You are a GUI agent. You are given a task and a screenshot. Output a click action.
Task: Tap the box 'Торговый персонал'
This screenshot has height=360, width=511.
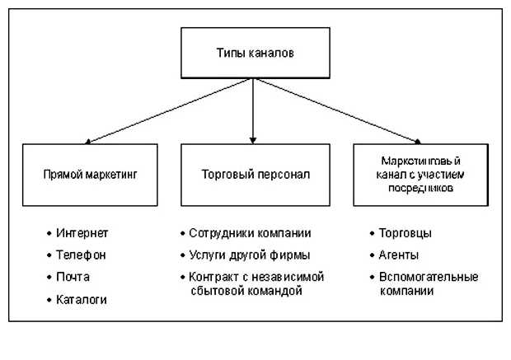click(254, 175)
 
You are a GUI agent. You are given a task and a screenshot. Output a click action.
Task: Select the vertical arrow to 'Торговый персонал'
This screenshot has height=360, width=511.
click(253, 111)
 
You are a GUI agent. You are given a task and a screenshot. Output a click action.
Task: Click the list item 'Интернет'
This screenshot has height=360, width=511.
click(83, 233)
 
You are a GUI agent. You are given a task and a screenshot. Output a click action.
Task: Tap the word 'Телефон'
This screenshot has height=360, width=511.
click(82, 255)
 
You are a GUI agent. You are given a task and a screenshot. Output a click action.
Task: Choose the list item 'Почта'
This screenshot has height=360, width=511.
click(74, 277)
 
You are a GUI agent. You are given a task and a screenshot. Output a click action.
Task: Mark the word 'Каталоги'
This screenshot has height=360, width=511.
click(82, 299)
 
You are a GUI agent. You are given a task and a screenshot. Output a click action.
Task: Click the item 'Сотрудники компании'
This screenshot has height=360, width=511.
click(250, 233)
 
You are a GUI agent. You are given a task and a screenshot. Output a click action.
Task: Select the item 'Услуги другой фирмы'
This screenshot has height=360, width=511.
click(249, 255)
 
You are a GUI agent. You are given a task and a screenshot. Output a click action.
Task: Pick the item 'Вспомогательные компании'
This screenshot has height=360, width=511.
click(428, 283)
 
